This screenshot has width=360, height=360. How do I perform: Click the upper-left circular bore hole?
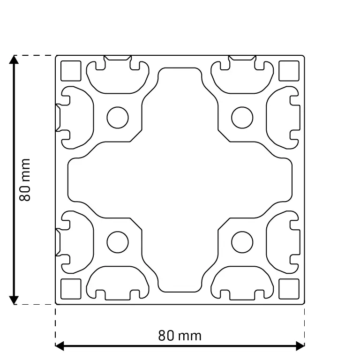click(x=118, y=118)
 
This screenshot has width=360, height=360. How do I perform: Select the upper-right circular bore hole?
click(x=242, y=118)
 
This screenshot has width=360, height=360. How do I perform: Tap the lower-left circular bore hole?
click(x=118, y=242)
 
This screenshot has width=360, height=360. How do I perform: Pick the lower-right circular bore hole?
click(x=242, y=242)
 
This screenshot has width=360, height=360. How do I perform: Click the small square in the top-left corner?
click(x=71, y=71)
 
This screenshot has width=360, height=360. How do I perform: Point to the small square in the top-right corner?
click(x=289, y=71)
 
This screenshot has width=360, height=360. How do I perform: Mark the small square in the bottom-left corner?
click(x=71, y=289)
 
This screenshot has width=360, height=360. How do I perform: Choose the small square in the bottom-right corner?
click(x=289, y=289)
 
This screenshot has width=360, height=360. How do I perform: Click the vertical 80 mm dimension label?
click(x=25, y=180)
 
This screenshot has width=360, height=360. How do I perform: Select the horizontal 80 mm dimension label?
click(x=180, y=336)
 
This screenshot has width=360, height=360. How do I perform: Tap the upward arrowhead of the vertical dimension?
click(x=14, y=60)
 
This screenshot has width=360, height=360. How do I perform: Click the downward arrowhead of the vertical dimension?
click(x=14, y=300)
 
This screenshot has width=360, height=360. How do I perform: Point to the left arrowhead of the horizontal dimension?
click(x=60, y=346)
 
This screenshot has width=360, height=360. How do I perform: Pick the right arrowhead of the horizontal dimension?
click(x=300, y=346)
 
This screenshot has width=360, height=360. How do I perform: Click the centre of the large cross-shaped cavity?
click(x=180, y=180)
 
